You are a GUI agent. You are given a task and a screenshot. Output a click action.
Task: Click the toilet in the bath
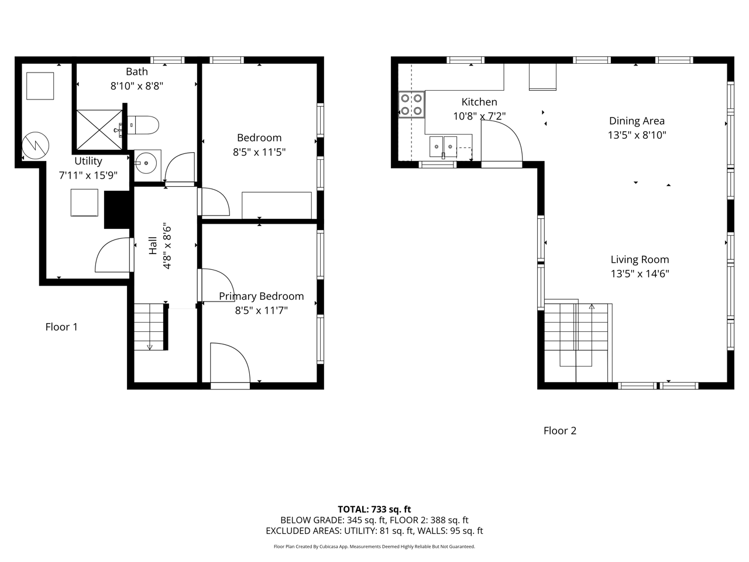pos(143,125)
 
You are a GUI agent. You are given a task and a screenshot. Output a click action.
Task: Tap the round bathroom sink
pos(147,163)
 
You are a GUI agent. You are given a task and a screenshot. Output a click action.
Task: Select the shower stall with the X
pos(99,129)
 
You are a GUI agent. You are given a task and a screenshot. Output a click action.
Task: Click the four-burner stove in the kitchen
pos(411,104)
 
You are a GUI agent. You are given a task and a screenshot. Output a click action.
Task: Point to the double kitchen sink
pos(443,147)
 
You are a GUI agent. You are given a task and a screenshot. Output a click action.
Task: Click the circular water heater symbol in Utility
pos(36,145)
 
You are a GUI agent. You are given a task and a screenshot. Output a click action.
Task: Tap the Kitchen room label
pos(479,102)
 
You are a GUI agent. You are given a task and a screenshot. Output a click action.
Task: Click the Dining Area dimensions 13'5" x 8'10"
pos(637,135)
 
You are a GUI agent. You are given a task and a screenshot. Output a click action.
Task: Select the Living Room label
pos(640,259)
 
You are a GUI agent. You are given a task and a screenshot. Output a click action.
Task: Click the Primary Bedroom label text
pos(262,296)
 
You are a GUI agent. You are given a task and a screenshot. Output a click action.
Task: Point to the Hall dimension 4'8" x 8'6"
pos(167,248)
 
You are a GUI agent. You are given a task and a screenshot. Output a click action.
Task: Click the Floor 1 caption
pos(61,327)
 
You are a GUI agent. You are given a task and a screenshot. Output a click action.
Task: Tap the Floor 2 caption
pos(560,431)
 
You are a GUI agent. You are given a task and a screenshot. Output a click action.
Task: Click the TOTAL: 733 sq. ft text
pos(374,509)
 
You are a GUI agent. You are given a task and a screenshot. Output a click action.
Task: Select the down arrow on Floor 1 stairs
pos(149,347)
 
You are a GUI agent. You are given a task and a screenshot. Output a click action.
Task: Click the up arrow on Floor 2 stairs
pos(592,307)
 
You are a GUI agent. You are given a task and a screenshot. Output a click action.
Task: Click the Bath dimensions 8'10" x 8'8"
pos(137,85)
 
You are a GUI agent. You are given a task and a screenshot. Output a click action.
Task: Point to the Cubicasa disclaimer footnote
pos(374,547)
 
